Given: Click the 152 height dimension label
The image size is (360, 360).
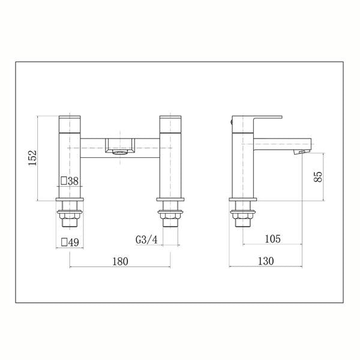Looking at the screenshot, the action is [32, 158].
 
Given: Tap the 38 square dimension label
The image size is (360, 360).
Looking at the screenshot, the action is [70, 181].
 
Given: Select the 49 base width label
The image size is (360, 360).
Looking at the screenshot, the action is [70, 242].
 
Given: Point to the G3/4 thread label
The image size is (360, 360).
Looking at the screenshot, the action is [146, 240].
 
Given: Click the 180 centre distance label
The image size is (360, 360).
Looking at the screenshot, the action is [120, 262].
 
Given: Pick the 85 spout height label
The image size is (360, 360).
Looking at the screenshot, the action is [318, 177].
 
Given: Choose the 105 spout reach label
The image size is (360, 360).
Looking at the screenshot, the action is [273, 239].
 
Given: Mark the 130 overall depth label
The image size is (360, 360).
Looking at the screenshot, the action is [266, 261].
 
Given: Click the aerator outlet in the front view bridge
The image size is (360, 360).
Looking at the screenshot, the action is [119, 152].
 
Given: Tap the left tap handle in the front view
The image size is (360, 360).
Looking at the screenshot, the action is [70, 124].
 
